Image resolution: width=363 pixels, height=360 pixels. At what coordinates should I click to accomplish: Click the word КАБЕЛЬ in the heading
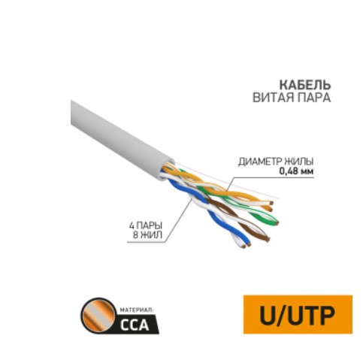tap(305, 85)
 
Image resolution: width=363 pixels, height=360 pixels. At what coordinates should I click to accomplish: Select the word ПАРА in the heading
tap(313, 98)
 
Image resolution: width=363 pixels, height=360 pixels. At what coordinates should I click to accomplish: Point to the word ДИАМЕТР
tap(259, 162)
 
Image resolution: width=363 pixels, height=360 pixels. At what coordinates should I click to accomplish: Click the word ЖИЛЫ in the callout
tap(298, 162)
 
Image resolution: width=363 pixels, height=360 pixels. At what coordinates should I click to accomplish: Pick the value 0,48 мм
tap(296, 171)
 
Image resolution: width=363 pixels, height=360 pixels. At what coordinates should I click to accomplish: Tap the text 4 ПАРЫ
tap(146, 225)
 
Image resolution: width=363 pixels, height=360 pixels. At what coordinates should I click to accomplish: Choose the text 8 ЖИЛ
tap(147, 235)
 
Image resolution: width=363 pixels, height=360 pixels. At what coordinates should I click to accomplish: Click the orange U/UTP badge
tap(298, 314)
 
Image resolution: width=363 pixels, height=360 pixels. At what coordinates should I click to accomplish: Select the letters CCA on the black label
tap(135, 325)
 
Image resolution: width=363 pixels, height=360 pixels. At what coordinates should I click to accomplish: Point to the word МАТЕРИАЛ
tap(136, 310)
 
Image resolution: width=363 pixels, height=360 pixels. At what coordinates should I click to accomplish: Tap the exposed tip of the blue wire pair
tap(246, 245)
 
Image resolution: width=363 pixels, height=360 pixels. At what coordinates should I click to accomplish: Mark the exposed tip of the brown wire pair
tap(267, 239)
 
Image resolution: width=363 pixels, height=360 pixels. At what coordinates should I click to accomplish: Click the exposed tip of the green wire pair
tap(276, 222)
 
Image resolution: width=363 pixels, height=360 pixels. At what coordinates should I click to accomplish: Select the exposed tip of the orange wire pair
tap(271, 206)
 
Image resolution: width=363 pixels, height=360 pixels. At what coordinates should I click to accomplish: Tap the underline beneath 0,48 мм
tap(273, 177)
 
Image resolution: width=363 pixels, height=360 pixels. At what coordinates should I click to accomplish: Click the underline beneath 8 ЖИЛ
tap(146, 242)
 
